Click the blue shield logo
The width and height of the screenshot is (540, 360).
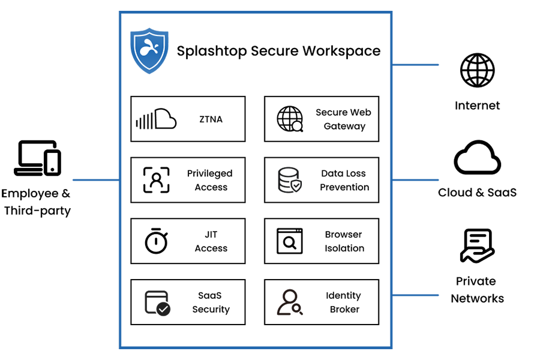(148, 47)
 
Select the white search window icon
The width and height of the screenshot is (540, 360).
(290, 241)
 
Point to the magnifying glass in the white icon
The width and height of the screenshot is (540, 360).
(290, 243)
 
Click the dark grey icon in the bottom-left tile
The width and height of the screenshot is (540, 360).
(155, 301)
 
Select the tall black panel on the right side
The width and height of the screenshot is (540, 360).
(480, 180)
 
